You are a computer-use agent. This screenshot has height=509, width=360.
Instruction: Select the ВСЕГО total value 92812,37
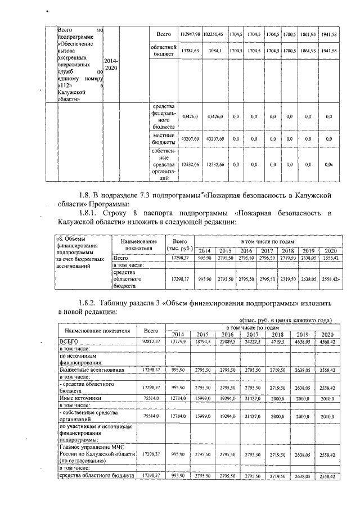(151, 341)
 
